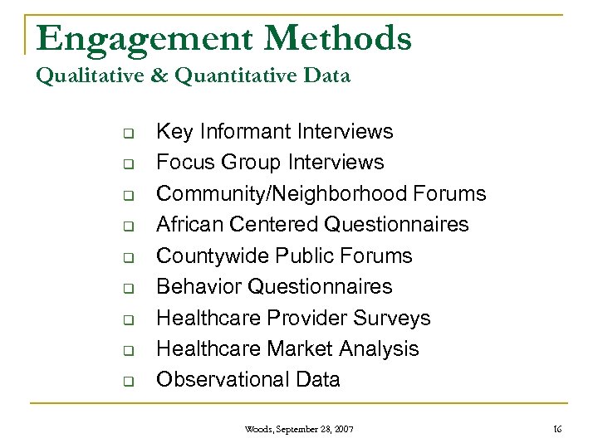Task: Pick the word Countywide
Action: tap(211, 256)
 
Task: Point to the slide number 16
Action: tap(557, 429)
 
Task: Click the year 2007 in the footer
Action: tap(342, 429)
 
